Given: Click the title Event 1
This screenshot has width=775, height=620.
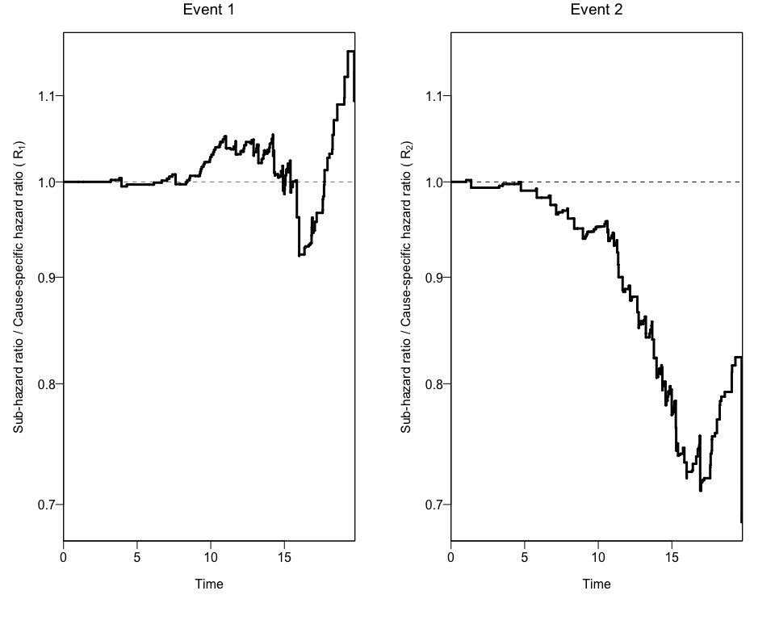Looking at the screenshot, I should tap(209, 10).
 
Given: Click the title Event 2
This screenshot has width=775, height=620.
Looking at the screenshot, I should tap(597, 10).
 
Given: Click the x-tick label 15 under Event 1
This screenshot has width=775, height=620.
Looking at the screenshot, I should tap(284, 557).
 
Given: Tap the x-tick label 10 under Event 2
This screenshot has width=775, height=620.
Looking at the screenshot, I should tap(598, 557).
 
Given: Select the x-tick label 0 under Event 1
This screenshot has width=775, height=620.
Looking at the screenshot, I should tap(64, 557).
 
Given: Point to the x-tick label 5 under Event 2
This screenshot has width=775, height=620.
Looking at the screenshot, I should tap(525, 557).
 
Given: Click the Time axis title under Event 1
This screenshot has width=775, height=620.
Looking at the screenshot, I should tap(209, 584).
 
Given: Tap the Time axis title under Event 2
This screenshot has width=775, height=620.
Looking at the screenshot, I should tap(597, 584).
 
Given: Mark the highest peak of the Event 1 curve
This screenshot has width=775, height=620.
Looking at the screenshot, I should tap(350, 52).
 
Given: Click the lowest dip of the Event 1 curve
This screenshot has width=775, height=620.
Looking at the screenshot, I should tap(300, 255).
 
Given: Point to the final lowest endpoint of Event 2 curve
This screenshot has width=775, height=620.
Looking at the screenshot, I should tap(741, 522).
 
